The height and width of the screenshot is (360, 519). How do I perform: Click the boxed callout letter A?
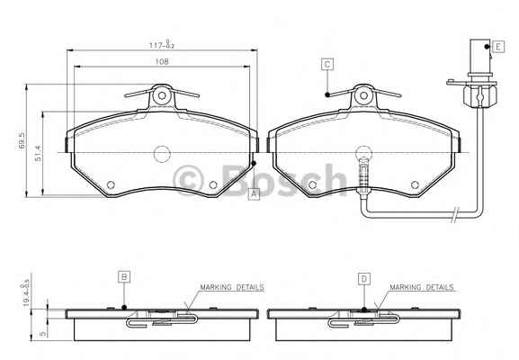coord(254,193)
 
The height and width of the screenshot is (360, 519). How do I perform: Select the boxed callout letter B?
coord(124,277)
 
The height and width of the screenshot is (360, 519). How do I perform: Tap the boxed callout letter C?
coord(327,64)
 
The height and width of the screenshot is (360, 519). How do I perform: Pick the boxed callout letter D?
coord(364,279)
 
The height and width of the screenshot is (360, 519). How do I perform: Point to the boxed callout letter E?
coord(498,47)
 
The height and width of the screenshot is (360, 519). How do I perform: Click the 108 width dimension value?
coord(162,61)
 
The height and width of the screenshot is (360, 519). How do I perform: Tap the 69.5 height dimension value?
coord(22,140)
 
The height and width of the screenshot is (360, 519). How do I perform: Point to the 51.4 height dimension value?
coord(39,153)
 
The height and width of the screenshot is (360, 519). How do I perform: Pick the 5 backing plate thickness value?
coord(42,334)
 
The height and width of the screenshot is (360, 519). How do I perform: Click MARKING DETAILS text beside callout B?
coord(232,287)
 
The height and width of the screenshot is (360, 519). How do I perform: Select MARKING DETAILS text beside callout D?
coord(421,287)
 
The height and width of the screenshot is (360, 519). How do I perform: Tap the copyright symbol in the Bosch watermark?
coord(188,181)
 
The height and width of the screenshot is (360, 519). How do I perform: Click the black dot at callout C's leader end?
coord(327,94)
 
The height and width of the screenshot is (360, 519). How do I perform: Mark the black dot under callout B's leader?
coord(124,307)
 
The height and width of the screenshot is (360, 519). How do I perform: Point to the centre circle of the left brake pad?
coord(162,154)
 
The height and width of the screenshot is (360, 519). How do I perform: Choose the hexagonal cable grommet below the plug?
coord(480,96)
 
